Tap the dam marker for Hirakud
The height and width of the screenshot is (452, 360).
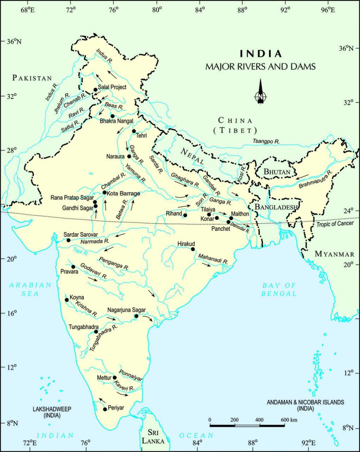[x=193, y=249]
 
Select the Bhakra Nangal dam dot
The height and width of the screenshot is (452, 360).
[x=113, y=116]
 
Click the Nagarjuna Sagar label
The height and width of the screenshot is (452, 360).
[x=126, y=310]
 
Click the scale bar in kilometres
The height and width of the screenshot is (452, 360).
[x=247, y=425]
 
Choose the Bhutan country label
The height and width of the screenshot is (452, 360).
[x=277, y=172]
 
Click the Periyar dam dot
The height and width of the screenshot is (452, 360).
[x=105, y=409]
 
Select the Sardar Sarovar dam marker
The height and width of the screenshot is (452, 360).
[x=68, y=240]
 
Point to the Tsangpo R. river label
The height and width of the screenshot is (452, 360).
[x=266, y=141]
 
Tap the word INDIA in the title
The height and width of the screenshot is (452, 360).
[x=261, y=54]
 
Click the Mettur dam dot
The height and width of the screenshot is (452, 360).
[x=114, y=377]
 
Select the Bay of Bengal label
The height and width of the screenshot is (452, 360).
[x=279, y=290]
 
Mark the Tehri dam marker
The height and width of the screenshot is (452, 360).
[x=134, y=131]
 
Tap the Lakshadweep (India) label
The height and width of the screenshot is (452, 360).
[x=52, y=412]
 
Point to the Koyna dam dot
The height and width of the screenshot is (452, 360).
[x=67, y=300]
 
